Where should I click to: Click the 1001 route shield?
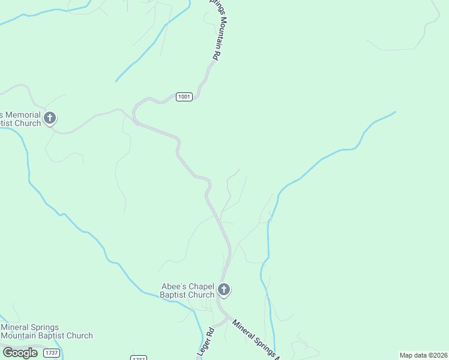click(x=184, y=97)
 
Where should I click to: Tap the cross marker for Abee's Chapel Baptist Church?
click(x=224, y=290)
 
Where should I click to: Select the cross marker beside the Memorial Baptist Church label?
click(x=50, y=118)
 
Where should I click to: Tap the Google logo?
click(x=20, y=352)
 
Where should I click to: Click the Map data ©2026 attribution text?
click(x=424, y=355)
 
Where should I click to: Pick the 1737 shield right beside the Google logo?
click(x=52, y=353)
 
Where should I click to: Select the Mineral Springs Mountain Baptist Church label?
click(x=47, y=331)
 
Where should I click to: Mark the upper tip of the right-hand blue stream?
click(x=395, y=112)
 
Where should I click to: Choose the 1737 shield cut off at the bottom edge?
click(x=139, y=358)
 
